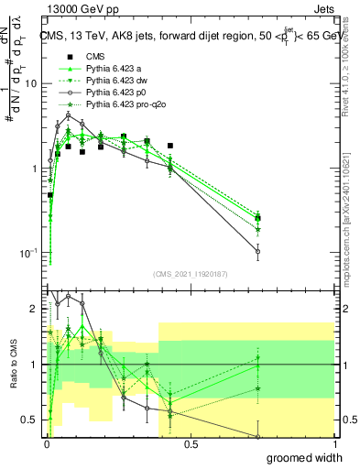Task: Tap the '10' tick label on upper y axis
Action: [30, 83]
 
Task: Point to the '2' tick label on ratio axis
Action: [35, 309]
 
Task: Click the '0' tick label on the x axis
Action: [45, 444]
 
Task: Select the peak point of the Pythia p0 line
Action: [68, 115]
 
